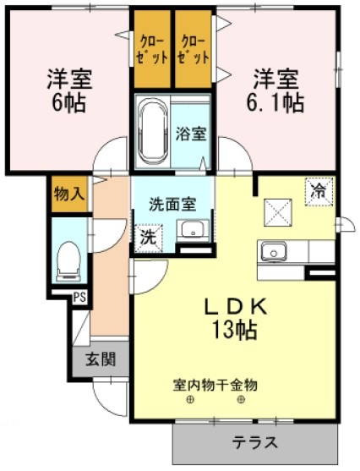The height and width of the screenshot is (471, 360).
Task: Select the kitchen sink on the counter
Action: (274, 251)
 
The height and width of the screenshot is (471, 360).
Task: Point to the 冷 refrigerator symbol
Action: (319, 190)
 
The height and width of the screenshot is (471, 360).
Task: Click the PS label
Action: (79, 297)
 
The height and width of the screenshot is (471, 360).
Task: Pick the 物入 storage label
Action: (68, 194)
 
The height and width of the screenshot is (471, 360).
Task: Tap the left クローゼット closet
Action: (152, 49)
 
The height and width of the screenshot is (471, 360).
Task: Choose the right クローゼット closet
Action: (194, 49)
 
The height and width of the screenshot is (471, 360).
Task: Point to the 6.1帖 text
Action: (275, 104)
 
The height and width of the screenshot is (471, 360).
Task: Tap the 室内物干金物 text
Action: (215, 385)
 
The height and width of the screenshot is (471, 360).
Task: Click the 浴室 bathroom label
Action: (190, 133)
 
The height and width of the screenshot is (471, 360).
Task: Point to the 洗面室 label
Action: (172, 204)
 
